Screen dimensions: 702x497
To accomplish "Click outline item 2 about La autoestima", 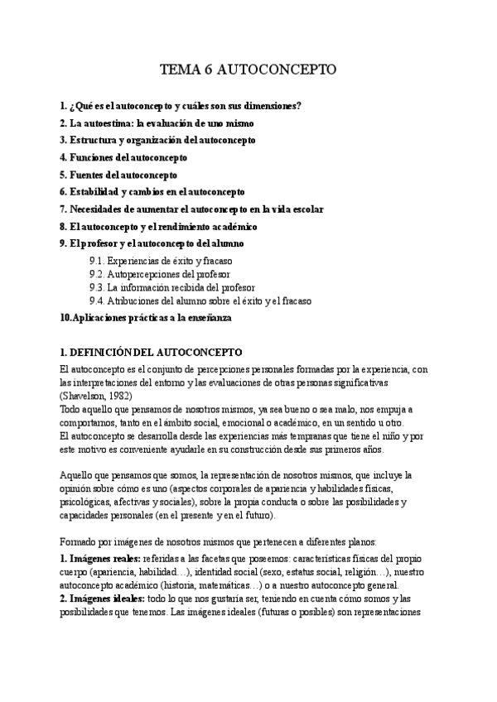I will (x=157, y=123).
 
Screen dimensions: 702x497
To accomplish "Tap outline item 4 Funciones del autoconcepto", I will (x=123, y=157).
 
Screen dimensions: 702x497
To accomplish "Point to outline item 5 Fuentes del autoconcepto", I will (x=118, y=175).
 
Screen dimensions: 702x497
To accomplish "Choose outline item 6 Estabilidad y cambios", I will (x=152, y=192).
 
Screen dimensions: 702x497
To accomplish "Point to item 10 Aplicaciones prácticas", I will (x=147, y=317).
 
